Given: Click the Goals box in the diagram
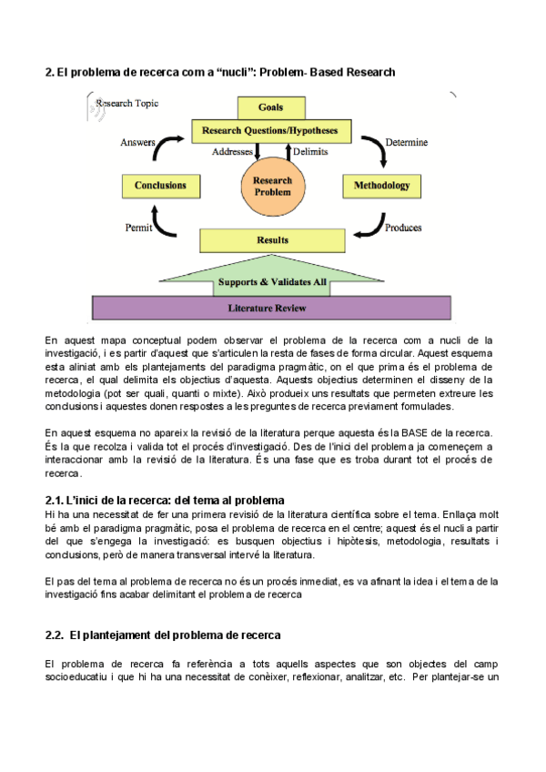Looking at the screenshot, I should coord(270,107).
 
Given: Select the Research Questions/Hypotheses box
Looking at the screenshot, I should coord(270,131).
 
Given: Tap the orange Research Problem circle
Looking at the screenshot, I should coord(272,186).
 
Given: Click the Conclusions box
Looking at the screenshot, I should coord(160,186).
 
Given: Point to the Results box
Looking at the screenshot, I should coord(272,240).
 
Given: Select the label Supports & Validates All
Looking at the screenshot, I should coord(272,282).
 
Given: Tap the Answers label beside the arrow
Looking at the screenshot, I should coord(137,143).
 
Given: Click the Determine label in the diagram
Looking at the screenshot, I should coord(406,143).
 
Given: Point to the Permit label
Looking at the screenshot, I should coord(138,228).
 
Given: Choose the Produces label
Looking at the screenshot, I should coord(403,228).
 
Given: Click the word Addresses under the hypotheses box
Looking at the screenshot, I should coord(232,152).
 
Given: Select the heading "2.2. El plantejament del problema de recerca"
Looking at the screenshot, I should coord(163,634).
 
